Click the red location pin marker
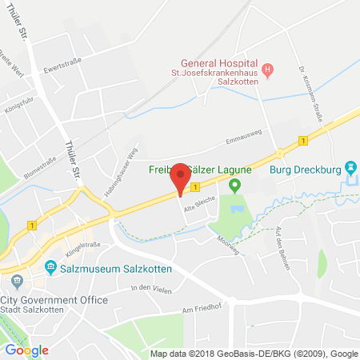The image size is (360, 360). click(x=182, y=180)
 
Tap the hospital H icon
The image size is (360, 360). click(x=269, y=70)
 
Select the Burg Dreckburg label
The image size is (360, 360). click(x=300, y=170)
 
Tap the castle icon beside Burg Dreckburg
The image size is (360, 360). click(x=350, y=169)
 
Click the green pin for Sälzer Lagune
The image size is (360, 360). click(x=234, y=186)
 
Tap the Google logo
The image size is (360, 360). click(x=27, y=350)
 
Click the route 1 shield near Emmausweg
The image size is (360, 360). click(x=303, y=141)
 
